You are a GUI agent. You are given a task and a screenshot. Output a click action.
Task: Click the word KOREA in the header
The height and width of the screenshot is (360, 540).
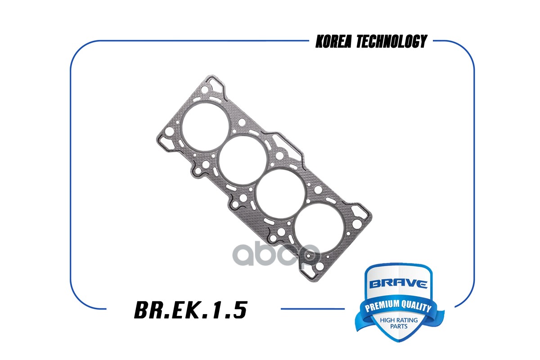pos(333,42)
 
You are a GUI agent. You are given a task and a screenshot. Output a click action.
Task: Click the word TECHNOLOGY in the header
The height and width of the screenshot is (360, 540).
pos(391,42)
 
